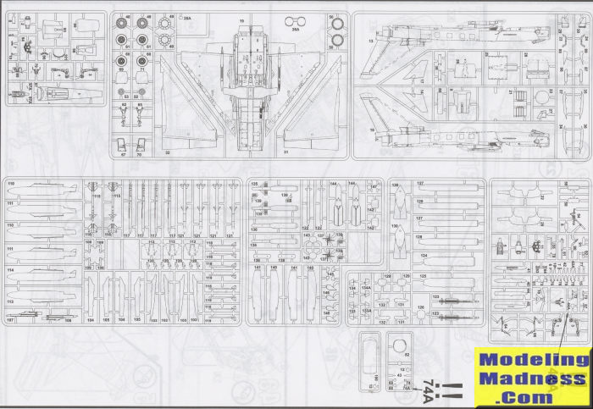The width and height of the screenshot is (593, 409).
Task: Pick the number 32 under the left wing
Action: [167, 152]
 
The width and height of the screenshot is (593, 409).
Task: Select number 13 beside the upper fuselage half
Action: [371, 40]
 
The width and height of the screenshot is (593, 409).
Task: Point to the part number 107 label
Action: [10, 320]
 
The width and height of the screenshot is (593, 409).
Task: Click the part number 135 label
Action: [253, 183]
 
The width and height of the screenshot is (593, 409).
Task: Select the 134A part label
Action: [366, 288]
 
